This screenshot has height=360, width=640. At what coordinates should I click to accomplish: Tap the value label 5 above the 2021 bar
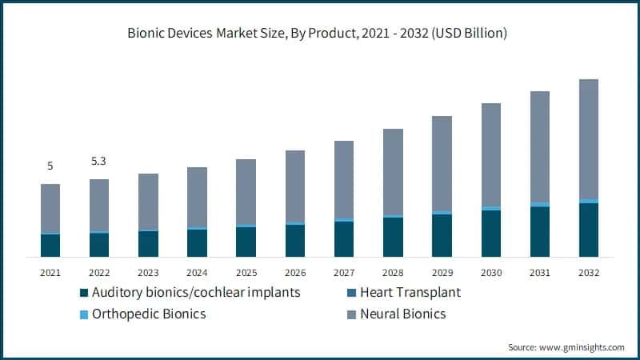[50, 166]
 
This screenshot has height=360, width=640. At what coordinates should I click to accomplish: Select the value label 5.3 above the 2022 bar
[99, 162]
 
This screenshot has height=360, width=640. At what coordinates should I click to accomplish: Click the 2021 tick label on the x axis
[50, 273]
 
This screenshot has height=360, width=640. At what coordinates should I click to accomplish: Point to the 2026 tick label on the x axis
[295, 273]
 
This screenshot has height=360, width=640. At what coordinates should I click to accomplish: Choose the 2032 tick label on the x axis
[589, 273]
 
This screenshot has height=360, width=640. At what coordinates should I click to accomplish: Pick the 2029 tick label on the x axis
[442, 273]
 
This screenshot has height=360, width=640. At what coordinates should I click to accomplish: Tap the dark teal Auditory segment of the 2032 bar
[589, 230]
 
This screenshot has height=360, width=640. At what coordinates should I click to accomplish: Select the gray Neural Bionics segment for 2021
[50, 208]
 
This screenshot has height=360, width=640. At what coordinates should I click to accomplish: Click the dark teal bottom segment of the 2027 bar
[344, 239]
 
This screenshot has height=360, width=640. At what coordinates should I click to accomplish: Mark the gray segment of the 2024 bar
[197, 197]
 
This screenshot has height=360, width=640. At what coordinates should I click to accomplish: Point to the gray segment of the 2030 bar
[490, 154]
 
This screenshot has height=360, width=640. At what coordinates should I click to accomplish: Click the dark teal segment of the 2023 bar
[148, 244]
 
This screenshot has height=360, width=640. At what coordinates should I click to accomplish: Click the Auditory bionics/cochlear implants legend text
[196, 292]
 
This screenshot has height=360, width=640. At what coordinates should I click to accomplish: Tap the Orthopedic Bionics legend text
[149, 314]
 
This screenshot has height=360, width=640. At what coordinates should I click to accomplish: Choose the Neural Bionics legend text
[403, 314]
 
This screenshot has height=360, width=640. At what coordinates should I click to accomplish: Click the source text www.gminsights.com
[566, 347]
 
